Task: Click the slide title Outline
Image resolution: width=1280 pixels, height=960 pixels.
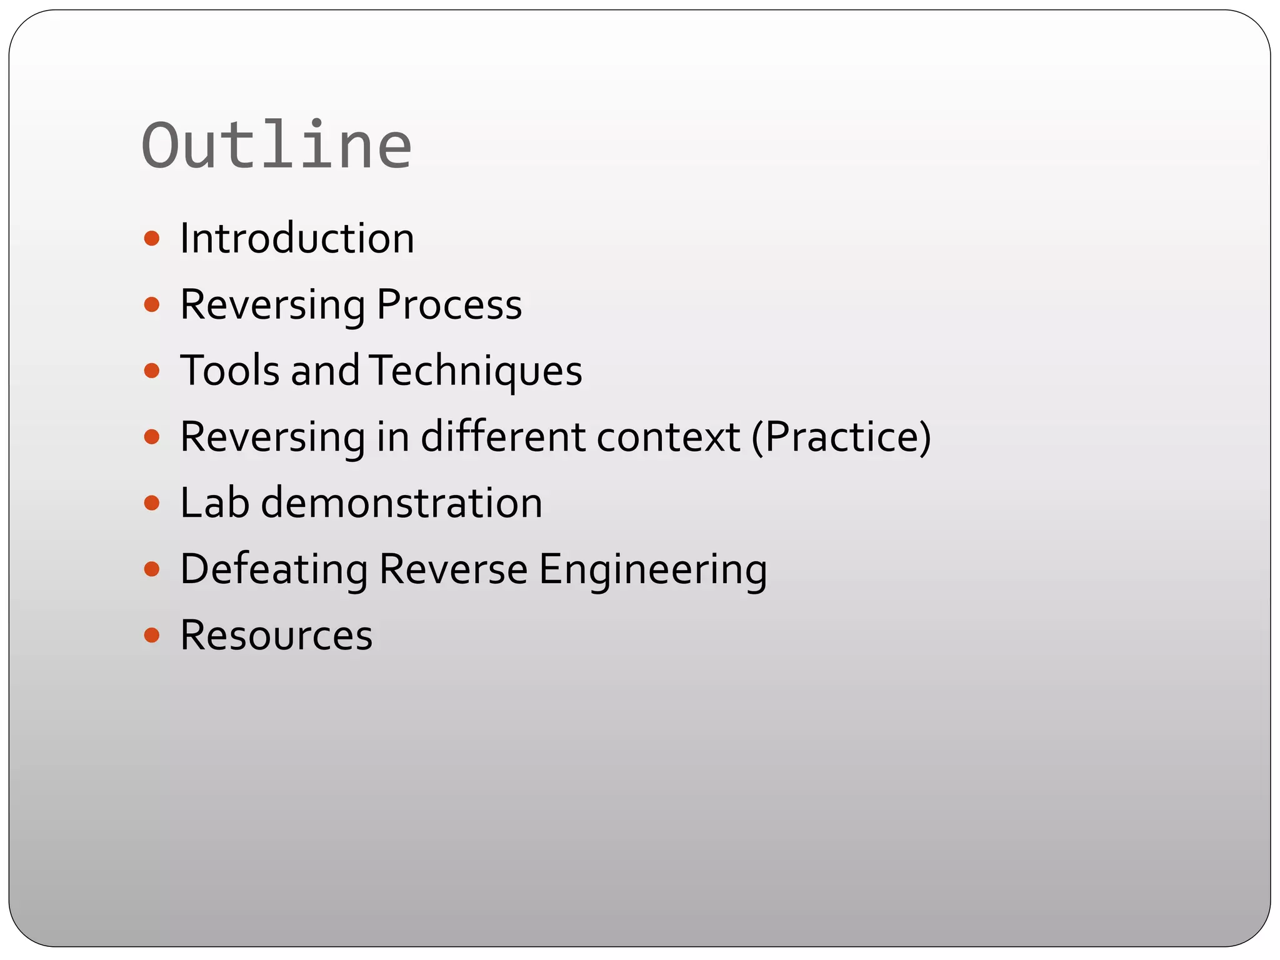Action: pyautogui.click(x=277, y=146)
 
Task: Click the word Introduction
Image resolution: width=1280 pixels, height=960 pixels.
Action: pyautogui.click(x=297, y=239)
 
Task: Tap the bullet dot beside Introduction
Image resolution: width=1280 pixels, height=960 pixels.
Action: pyautogui.click(x=151, y=239)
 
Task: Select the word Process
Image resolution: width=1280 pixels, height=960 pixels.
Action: pyautogui.click(x=449, y=305)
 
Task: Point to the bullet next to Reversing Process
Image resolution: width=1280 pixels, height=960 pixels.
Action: pyautogui.click(x=151, y=305)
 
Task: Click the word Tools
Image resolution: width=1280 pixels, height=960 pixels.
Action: pyautogui.click(x=229, y=371)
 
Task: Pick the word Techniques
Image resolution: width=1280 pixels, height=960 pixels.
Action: pyautogui.click(x=476, y=371)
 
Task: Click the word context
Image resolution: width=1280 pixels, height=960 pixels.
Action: pyautogui.click(x=668, y=436)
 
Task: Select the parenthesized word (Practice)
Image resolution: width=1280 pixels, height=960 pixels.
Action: pyautogui.click(x=841, y=436)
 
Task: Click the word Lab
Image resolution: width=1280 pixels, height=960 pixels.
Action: pyautogui.click(x=214, y=502)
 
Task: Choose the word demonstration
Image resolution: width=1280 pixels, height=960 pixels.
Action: pyautogui.click(x=401, y=502)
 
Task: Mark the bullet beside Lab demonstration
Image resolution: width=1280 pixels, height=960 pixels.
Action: pyautogui.click(x=151, y=503)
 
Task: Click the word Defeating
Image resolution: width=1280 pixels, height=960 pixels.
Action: pyautogui.click(x=274, y=569)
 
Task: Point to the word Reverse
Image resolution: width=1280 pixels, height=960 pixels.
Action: pyautogui.click(x=453, y=569)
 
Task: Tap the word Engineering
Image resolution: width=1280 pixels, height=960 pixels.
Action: pyautogui.click(x=652, y=569)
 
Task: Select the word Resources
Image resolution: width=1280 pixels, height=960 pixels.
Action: pyautogui.click(x=276, y=636)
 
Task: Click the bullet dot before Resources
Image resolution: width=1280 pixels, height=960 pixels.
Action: pyautogui.click(x=151, y=636)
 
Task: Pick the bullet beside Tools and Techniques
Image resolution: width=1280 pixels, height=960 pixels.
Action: pyautogui.click(x=151, y=371)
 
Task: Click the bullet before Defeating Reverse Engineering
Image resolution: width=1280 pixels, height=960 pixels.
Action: pyautogui.click(x=151, y=569)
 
